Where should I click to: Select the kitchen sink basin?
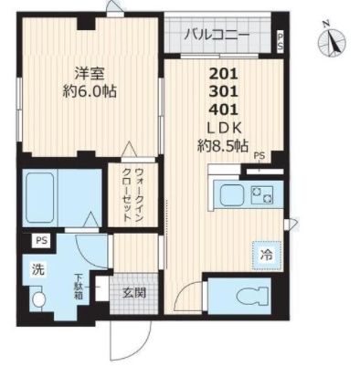click(228, 194)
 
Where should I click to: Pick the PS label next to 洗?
click(41, 241)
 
